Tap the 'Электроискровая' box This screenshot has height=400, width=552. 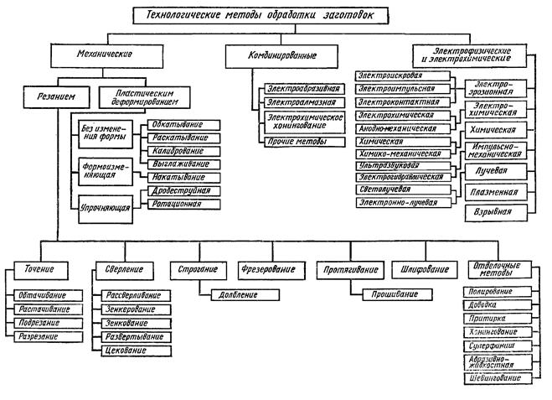click(x=402, y=75)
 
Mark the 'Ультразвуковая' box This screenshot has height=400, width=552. click(x=402, y=166)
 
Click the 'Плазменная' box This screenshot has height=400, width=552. click(x=496, y=192)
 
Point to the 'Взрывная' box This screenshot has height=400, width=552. click(x=496, y=213)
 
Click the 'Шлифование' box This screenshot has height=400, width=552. click(x=418, y=271)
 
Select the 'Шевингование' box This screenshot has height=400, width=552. click(x=496, y=378)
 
